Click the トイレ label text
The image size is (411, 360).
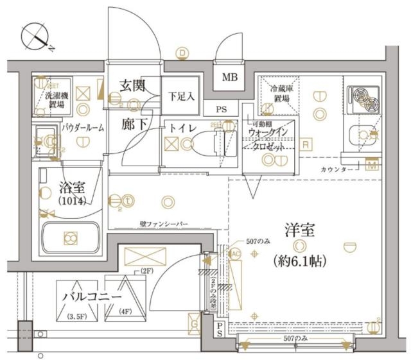pos(181,127)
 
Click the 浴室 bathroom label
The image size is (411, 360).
pos(73,189)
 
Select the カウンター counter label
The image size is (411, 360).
pos(337,169)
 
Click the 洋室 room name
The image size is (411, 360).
pos(297,228)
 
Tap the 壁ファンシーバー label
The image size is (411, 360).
pos(164,224)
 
